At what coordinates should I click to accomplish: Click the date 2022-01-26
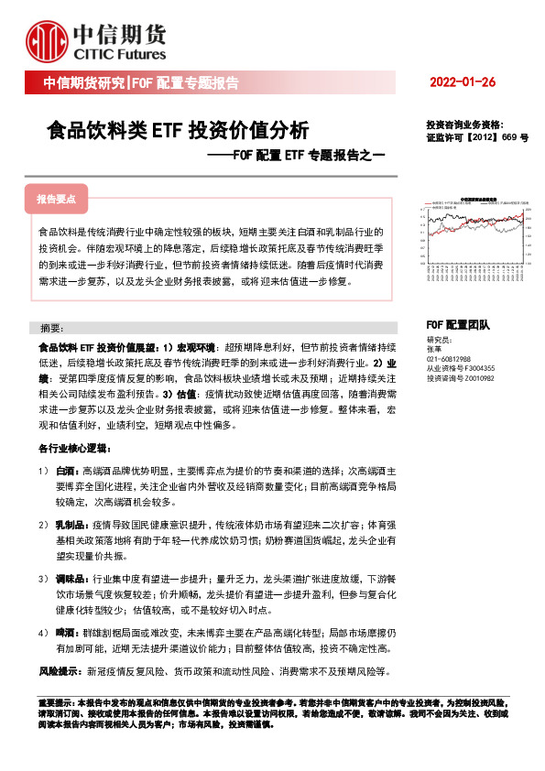click(x=462, y=83)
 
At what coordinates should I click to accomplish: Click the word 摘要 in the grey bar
click(x=52, y=328)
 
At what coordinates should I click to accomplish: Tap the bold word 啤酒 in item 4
click(x=66, y=634)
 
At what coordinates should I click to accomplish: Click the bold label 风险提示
click(x=60, y=671)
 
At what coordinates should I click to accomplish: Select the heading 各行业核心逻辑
click(x=73, y=449)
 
